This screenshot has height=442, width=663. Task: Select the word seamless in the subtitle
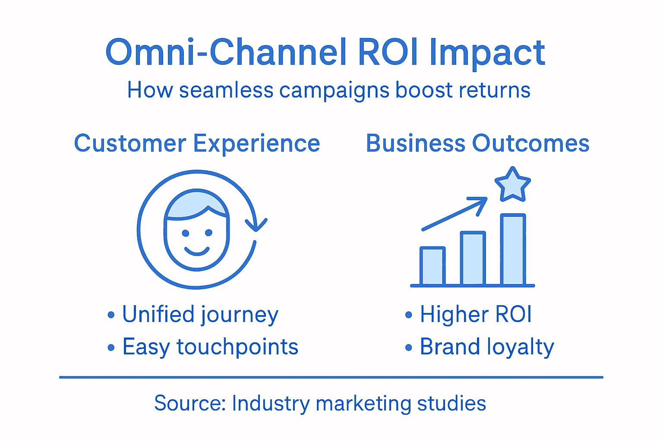[x=226, y=91]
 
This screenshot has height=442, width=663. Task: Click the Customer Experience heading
[x=197, y=143]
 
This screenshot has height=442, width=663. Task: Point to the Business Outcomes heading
[x=477, y=143]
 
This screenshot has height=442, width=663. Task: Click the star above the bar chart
[x=512, y=185]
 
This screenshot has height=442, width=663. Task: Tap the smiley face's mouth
[x=197, y=251]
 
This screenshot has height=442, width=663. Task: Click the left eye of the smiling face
[x=186, y=233]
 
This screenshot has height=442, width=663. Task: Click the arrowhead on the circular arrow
[x=256, y=225]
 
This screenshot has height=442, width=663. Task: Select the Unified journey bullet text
[x=200, y=314]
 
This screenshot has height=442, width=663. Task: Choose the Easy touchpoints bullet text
[x=210, y=347]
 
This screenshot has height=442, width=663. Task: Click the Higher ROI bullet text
[x=475, y=314]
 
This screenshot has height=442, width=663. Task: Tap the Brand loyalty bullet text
[x=486, y=347]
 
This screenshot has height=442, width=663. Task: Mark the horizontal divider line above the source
[x=331, y=377]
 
